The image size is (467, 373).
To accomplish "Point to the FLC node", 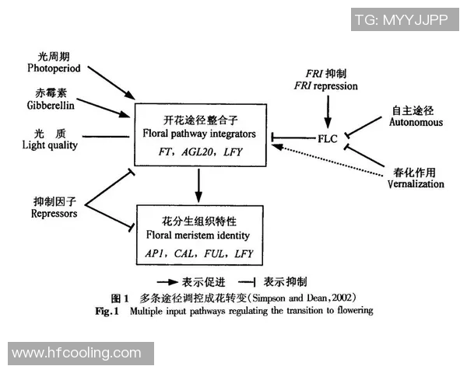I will [x=327, y=137].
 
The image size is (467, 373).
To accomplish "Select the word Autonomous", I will [x=416, y=122].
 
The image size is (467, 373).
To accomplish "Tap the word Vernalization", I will [x=415, y=184].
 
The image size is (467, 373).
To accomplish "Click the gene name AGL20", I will [x=200, y=153].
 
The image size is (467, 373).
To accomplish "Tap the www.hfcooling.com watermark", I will [x=77, y=354].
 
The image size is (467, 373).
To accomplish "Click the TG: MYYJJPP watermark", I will [x=401, y=19].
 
